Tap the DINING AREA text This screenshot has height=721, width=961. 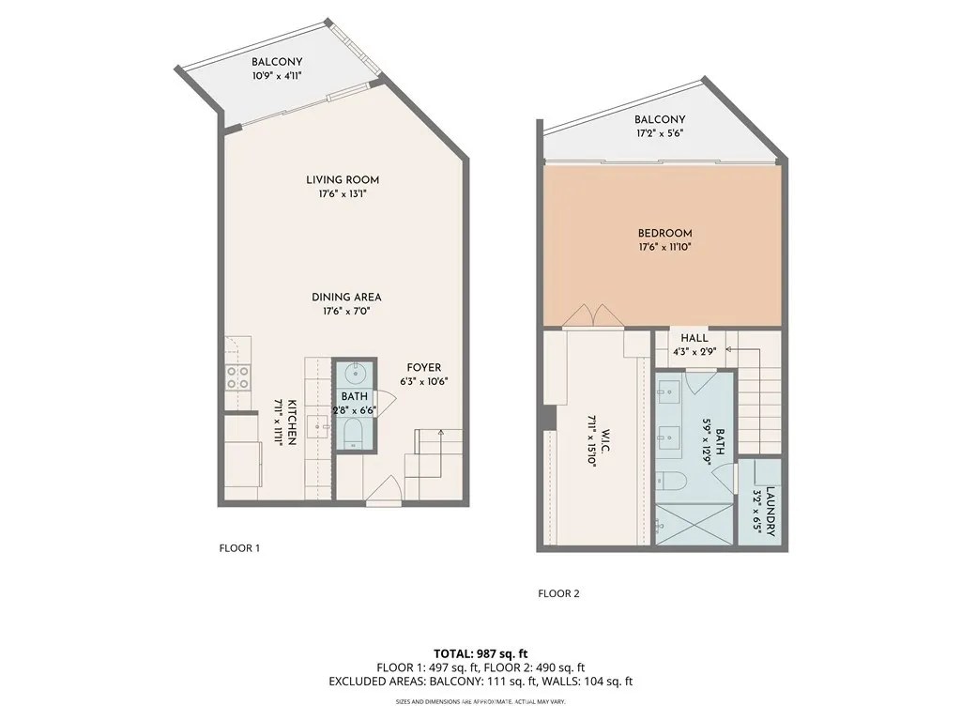[x=346, y=297]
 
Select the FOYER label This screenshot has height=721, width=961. [x=423, y=367]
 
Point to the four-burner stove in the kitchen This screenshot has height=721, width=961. [x=238, y=377]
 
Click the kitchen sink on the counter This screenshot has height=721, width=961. [x=319, y=425]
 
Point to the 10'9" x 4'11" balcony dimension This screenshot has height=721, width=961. [x=276, y=76]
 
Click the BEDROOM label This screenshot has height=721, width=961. [x=664, y=233]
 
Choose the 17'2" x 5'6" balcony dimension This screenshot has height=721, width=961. [x=659, y=133]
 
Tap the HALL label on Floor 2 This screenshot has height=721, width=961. [x=694, y=338]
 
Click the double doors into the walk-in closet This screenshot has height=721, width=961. [x=594, y=316]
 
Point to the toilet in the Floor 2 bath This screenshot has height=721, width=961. [x=672, y=481]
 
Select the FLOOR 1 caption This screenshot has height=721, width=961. [x=239, y=548]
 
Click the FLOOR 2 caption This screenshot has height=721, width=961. [x=558, y=592]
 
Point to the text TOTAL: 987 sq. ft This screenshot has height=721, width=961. [x=480, y=652]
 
